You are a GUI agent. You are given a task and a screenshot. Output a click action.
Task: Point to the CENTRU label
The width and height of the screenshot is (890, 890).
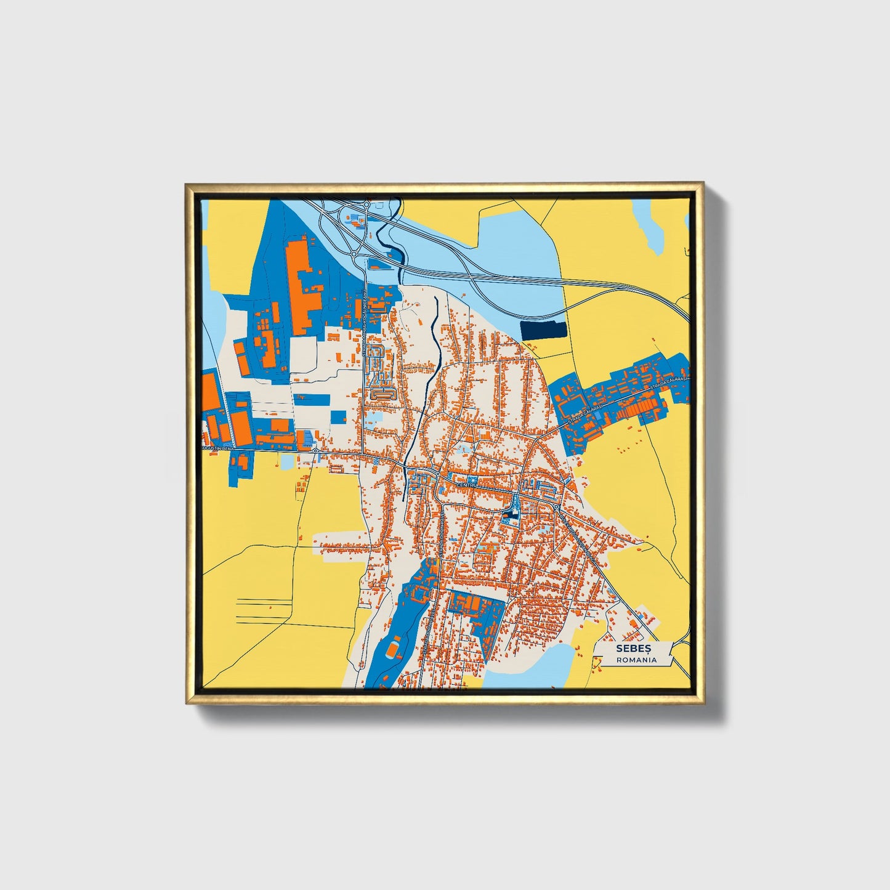tap(467, 485)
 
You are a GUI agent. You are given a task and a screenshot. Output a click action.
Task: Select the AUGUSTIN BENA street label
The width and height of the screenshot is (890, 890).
tap(218, 448)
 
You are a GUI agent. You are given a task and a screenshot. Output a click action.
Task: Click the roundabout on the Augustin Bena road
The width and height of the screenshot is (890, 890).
tap(315, 450)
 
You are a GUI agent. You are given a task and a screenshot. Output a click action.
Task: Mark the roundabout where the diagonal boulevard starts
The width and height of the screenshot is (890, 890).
tap(556, 506)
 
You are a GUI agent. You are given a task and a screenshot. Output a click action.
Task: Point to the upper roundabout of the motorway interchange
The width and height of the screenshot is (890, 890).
tap(366, 204)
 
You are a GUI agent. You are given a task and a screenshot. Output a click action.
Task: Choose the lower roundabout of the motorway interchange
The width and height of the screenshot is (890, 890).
tap(354, 253)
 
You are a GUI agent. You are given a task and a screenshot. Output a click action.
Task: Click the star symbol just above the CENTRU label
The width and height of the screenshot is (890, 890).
tap(472, 479)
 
